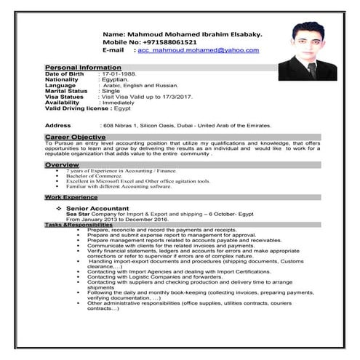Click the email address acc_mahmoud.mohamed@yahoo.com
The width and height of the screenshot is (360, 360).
coord(198,50)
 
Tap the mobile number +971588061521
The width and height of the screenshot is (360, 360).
coord(161,42)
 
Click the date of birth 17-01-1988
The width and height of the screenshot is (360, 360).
coord(119,73)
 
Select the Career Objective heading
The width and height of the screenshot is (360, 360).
coord(75,137)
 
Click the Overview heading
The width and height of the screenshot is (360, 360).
coord(62,165)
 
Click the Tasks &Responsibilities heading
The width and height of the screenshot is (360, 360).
coord(79,224)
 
